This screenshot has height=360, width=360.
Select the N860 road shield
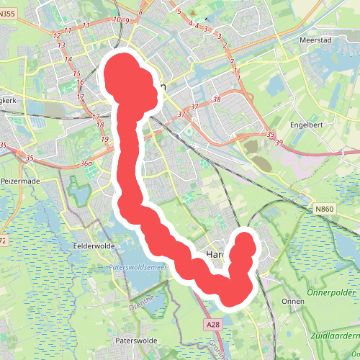click(325, 209)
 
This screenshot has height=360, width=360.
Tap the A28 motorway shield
click(212, 325)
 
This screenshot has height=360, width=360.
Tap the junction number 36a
click(87, 164)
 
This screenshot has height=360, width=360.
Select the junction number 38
click(217, 99)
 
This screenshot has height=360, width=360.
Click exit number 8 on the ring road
click(141, 12)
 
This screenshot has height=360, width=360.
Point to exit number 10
click(117, 19)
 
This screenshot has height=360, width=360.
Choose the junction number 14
click(68, 60)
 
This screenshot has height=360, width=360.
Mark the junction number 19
click(105, 139)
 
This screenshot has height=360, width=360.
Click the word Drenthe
click(143, 300)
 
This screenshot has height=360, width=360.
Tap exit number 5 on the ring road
click(178, 12)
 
